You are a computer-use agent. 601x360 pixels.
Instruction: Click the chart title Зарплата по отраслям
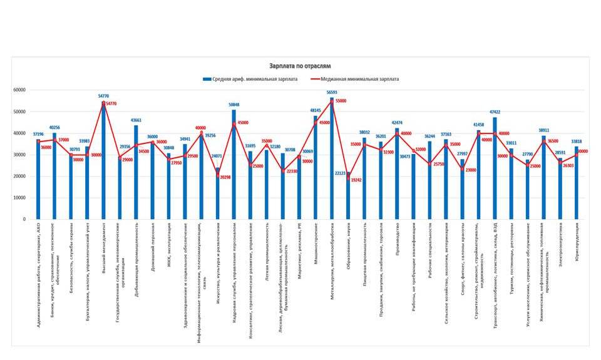(x=300, y=65)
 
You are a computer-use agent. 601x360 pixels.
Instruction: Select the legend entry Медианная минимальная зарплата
(x=359, y=80)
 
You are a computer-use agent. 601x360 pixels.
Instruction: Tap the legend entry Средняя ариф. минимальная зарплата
(x=257, y=80)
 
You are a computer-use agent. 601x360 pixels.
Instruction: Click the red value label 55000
(x=341, y=101)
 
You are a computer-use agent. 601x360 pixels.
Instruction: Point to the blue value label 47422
(x=494, y=113)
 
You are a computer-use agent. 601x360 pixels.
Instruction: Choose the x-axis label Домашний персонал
(x=152, y=245)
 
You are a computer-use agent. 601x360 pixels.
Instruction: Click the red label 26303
(x=567, y=165)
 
